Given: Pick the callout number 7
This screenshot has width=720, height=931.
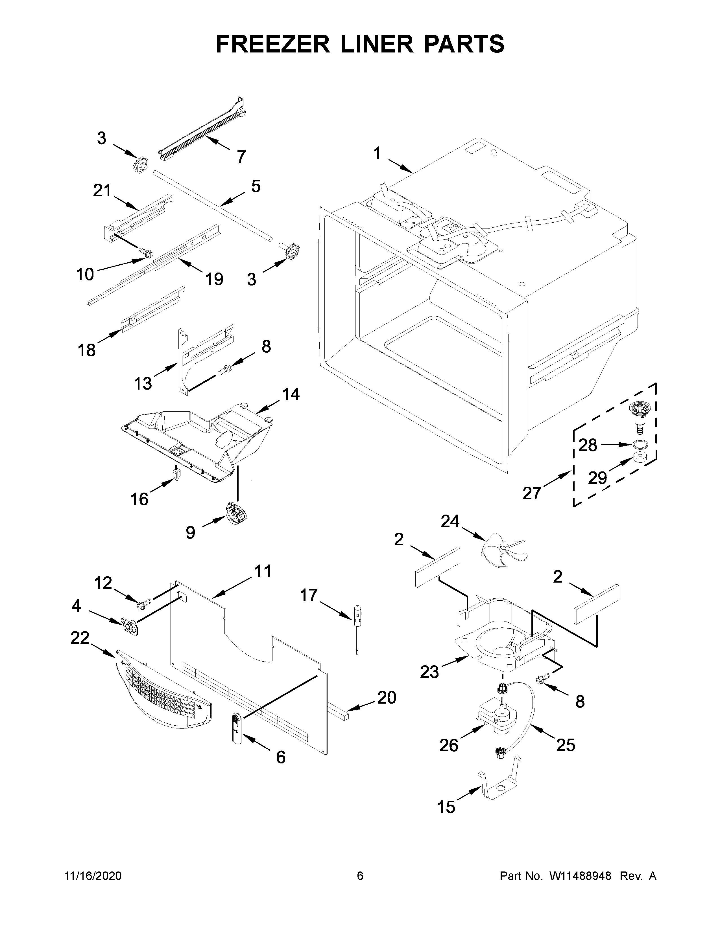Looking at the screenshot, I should tap(241, 157).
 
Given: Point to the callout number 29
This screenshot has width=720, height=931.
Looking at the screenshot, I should tap(597, 478).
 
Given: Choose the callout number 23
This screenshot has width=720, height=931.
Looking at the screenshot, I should tap(429, 672).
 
